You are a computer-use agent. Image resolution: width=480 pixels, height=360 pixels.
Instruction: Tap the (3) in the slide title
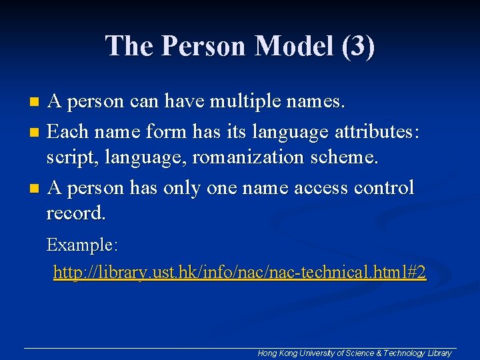[357, 47]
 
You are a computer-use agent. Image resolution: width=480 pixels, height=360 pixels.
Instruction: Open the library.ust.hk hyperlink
[239, 273]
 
